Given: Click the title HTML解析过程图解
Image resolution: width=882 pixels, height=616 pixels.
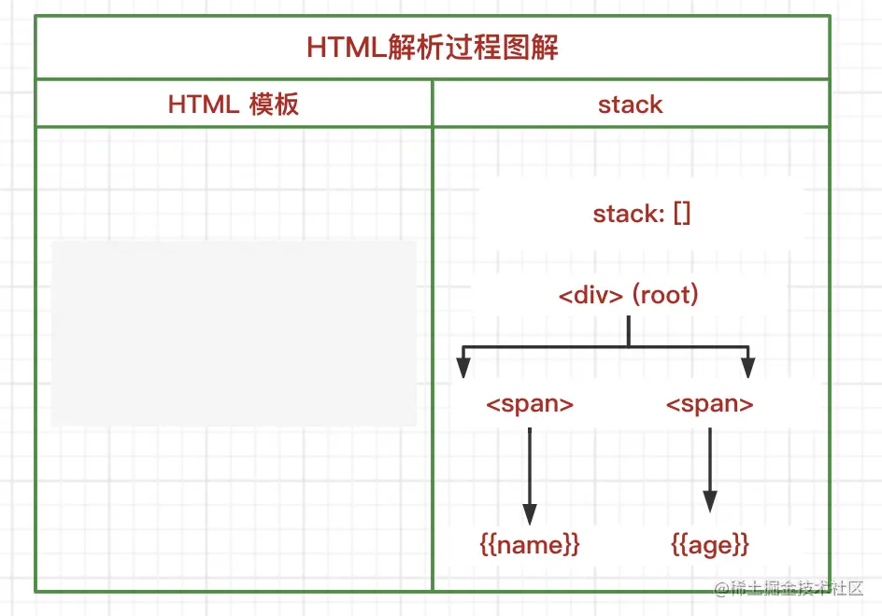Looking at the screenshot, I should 433,48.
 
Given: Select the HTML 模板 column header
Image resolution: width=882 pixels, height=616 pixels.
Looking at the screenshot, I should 234,104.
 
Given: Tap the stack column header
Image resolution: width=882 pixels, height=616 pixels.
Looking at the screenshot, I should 631,104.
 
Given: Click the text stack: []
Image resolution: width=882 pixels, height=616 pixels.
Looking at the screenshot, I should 642,214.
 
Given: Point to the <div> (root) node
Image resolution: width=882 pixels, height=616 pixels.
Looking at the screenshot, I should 629,296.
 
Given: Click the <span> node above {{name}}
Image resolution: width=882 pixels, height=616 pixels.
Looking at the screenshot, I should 530,404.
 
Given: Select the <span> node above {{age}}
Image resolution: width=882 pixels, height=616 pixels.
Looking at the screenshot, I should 710,404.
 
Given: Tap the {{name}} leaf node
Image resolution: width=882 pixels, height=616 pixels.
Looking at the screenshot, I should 530,544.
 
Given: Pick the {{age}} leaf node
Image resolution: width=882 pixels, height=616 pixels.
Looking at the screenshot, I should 710,544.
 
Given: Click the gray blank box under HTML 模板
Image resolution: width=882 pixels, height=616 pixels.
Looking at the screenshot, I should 234,333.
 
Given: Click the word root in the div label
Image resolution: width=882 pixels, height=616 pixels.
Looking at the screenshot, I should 665,296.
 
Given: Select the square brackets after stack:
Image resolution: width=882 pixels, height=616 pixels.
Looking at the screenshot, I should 681,214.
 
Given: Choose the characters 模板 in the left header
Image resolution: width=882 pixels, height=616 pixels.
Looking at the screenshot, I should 274,104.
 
